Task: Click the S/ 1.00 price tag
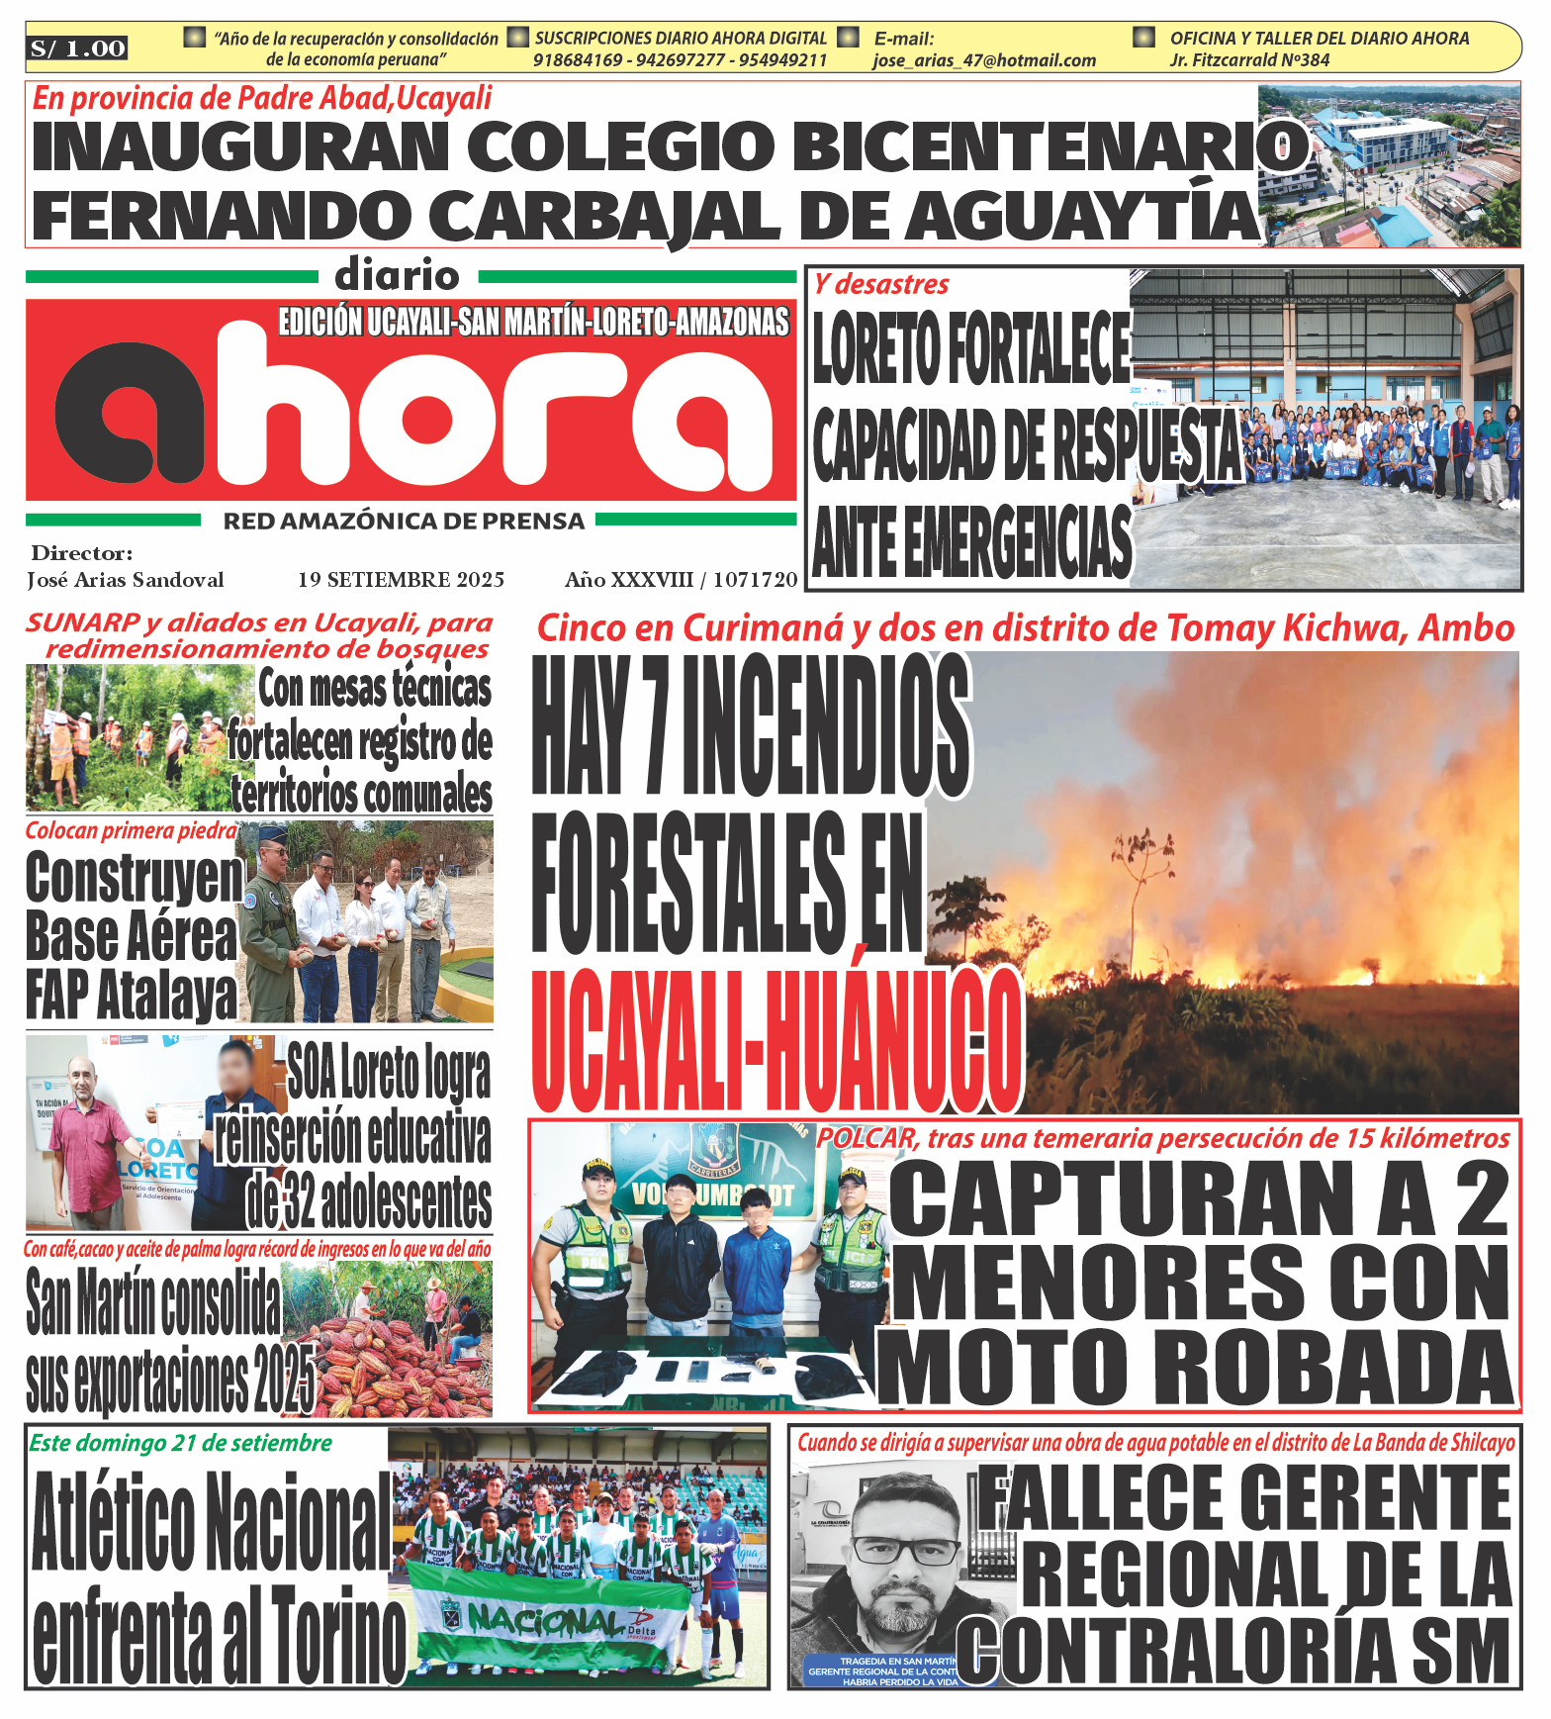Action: point(78,48)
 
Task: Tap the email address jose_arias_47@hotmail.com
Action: point(984,60)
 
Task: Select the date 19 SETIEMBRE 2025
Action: point(401,580)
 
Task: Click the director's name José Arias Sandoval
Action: point(126,580)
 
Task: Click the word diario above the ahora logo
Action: point(397,275)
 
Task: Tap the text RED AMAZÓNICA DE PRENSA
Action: point(404,522)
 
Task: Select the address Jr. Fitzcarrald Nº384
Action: point(1249,60)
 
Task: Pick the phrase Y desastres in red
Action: point(881,285)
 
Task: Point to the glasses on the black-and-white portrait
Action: point(906,1551)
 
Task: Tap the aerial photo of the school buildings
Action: point(1390,165)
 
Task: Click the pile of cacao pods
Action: point(396,1366)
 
